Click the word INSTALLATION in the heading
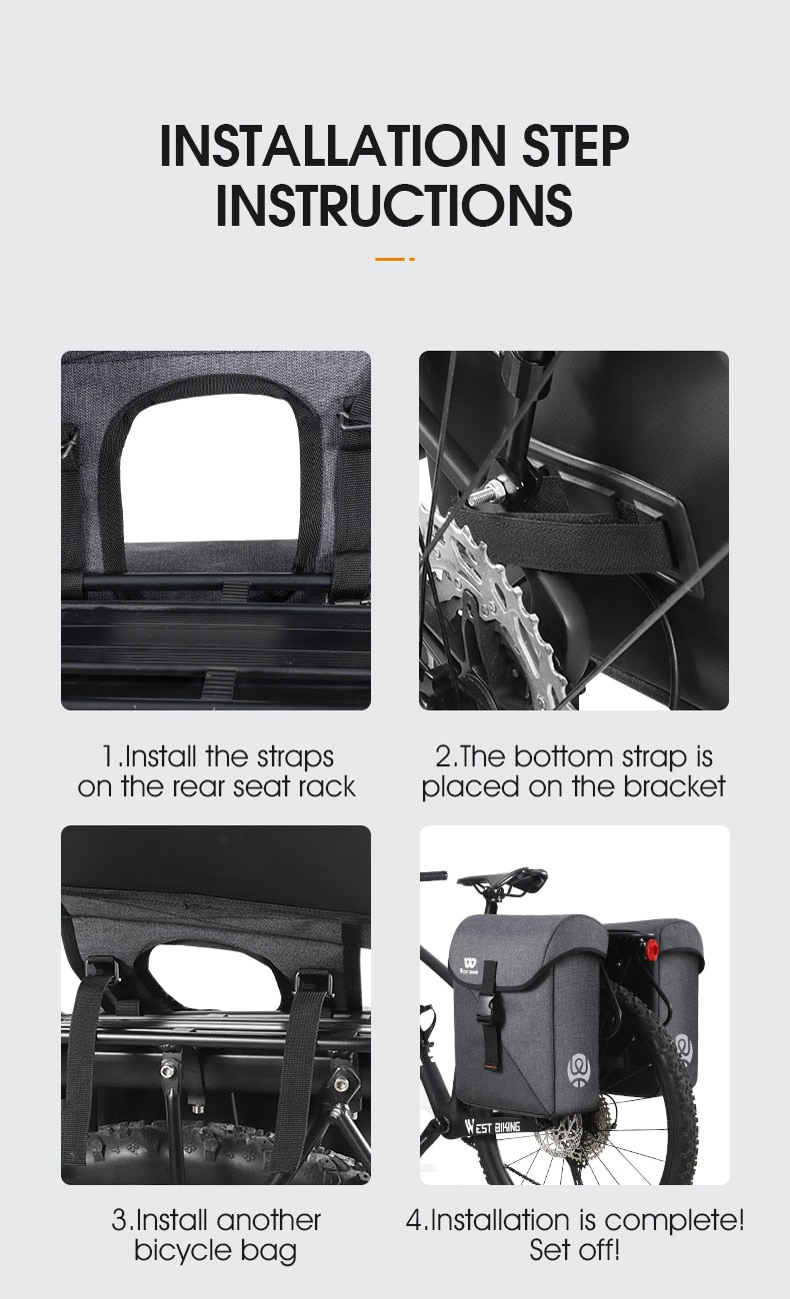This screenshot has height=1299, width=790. pyautogui.click(x=333, y=145)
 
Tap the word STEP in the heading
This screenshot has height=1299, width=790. pyautogui.click(x=576, y=145)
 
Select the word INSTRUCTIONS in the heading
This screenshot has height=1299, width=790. pyautogui.click(x=394, y=205)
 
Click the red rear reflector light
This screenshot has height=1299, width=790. pyautogui.click(x=652, y=948)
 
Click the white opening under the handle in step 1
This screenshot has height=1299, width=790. pyautogui.click(x=212, y=469)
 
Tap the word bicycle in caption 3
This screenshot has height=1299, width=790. pyautogui.click(x=183, y=1251)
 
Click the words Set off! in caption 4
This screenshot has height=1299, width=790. pyautogui.click(x=575, y=1250)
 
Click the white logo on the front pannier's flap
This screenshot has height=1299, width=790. pyautogui.click(x=470, y=965)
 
